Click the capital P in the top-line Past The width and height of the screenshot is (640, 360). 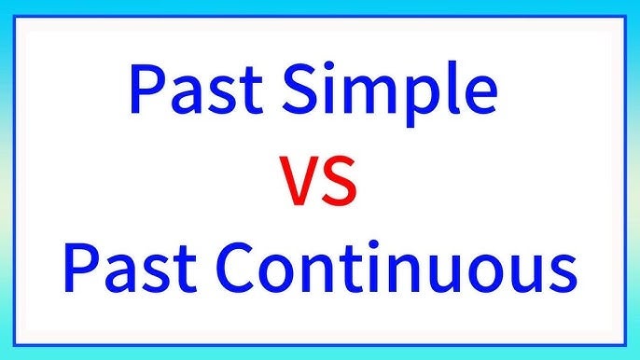point(149,90)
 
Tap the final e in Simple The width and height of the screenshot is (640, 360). point(475,96)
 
